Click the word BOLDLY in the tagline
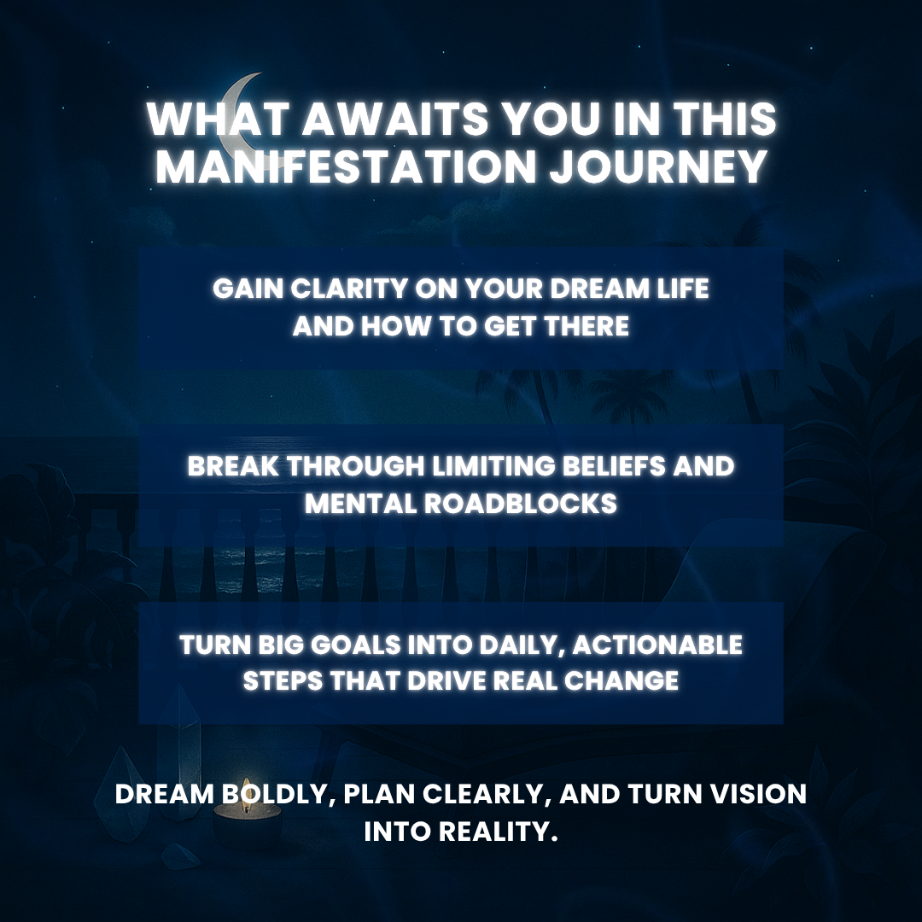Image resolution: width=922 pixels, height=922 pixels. click(x=269, y=794)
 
